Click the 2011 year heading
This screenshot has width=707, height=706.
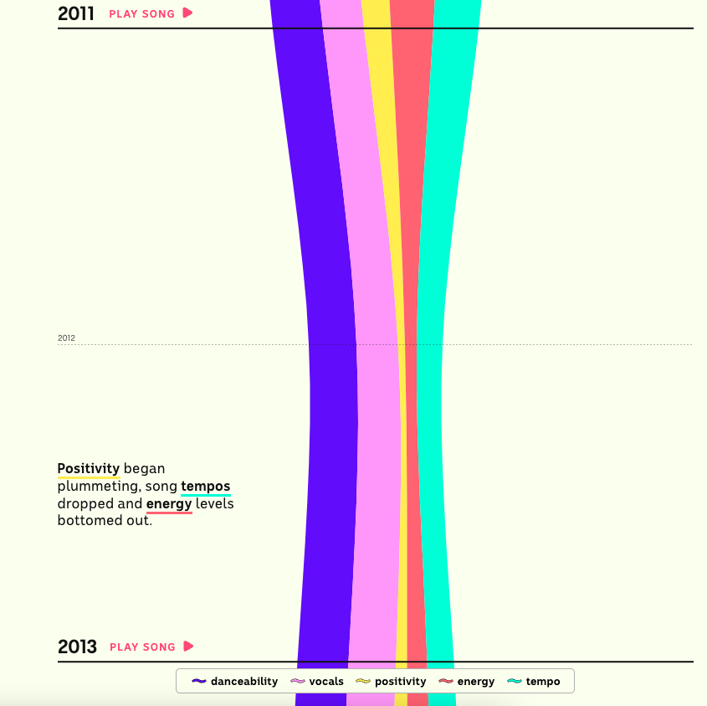click(x=76, y=13)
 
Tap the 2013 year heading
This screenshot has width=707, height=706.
click(x=77, y=647)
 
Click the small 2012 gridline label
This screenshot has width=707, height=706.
click(x=66, y=338)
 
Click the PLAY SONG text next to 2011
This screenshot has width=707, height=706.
click(x=142, y=13)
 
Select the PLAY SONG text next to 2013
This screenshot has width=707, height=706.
click(x=143, y=647)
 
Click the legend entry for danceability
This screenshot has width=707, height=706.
click(x=243, y=682)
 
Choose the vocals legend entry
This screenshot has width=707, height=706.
click(x=325, y=682)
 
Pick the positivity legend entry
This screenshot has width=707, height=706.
click(x=400, y=682)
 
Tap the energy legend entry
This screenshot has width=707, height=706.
click(x=475, y=682)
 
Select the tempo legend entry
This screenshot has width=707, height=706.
click(x=542, y=682)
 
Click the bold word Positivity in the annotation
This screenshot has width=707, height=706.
click(x=88, y=468)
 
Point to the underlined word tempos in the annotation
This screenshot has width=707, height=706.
click(x=205, y=486)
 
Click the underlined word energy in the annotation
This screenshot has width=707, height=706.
click(x=169, y=503)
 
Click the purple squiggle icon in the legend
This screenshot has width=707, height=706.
click(x=199, y=682)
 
